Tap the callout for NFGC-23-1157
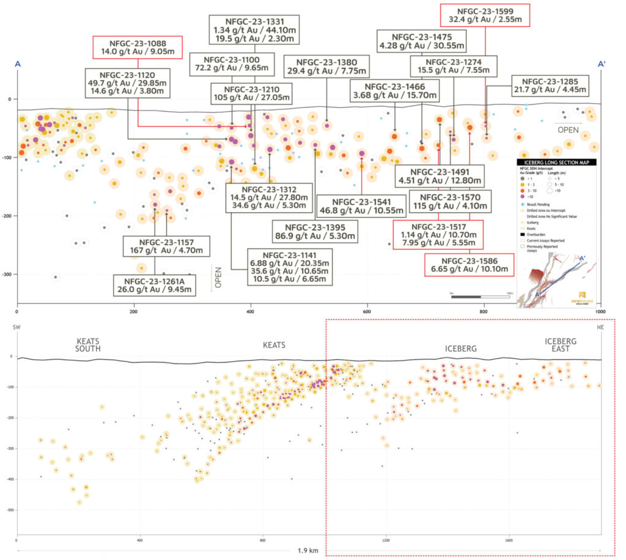pyautogui.click(x=166, y=245)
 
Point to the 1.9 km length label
pyautogui.click(x=309, y=548)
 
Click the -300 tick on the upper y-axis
pyautogui.click(x=8, y=274)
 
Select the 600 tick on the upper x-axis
pyautogui.click(x=367, y=311)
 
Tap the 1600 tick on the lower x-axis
pyautogui.click(x=509, y=540)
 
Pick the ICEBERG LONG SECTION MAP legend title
pyautogui.click(x=558, y=162)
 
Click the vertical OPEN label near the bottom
pyautogui.click(x=218, y=276)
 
